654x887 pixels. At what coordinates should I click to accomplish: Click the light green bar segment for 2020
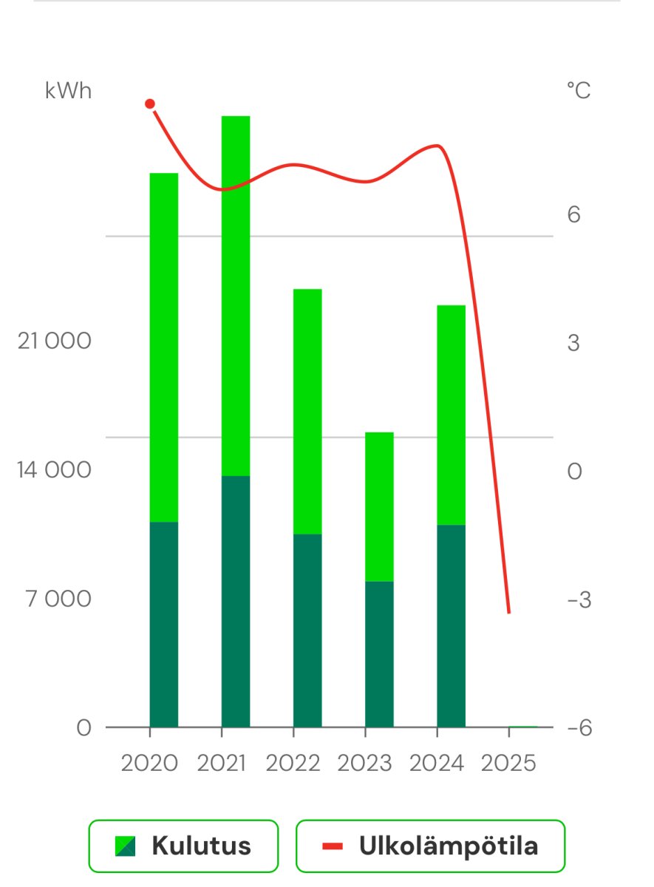click(164, 347)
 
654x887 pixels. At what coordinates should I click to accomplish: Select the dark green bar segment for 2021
click(236, 601)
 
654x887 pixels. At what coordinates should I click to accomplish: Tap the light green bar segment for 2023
click(379, 506)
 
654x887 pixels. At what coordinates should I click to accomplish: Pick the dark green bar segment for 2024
click(451, 625)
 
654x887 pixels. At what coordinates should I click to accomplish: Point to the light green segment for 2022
click(307, 411)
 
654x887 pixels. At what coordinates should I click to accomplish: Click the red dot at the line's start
click(150, 104)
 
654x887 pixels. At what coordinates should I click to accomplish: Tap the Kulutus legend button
click(183, 846)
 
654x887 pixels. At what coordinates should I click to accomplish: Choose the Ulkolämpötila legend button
click(430, 846)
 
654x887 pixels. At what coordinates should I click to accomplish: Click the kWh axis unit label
click(69, 91)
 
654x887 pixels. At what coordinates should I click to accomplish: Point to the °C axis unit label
click(579, 91)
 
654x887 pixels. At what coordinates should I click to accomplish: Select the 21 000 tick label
click(55, 341)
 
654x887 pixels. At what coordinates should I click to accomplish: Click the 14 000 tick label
click(55, 470)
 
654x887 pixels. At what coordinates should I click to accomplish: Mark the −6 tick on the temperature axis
click(579, 728)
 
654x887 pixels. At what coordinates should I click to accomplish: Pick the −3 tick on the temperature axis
click(579, 599)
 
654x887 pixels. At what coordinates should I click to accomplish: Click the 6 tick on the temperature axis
click(573, 215)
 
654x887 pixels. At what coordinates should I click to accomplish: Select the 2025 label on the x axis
click(508, 763)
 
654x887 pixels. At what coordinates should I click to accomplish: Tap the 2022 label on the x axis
click(293, 763)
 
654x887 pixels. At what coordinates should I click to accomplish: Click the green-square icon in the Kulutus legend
click(125, 846)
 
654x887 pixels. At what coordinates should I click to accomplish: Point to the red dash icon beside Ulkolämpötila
click(333, 846)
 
